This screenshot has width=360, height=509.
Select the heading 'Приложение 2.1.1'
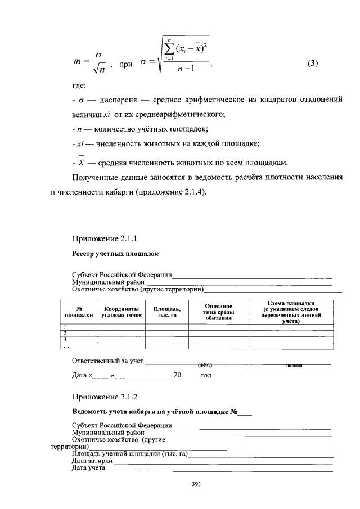click(105, 238)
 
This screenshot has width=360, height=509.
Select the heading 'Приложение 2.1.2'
click(105, 397)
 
